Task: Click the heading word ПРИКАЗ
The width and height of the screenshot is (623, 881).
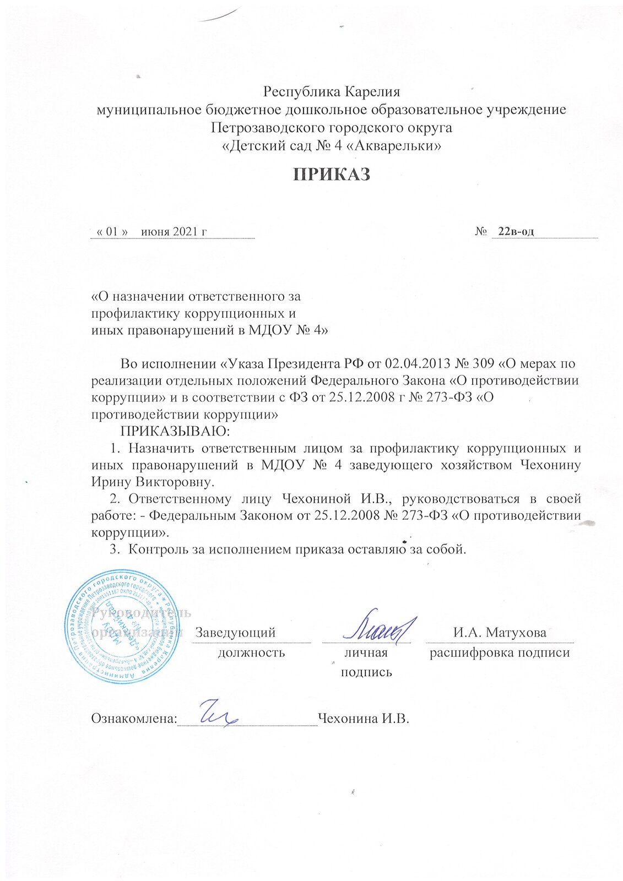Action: pos(331,175)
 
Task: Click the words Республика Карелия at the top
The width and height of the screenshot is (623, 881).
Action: pos(332,91)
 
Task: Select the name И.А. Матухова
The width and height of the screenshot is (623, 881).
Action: pos(500,632)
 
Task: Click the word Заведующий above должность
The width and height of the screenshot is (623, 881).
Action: pos(236,632)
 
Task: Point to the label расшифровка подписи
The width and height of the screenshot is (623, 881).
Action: pos(500,653)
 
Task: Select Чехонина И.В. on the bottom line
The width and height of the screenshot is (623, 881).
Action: pos(365,719)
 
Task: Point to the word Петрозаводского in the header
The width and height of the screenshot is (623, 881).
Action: pos(262,128)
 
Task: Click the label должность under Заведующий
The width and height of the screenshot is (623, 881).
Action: pos(252,653)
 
